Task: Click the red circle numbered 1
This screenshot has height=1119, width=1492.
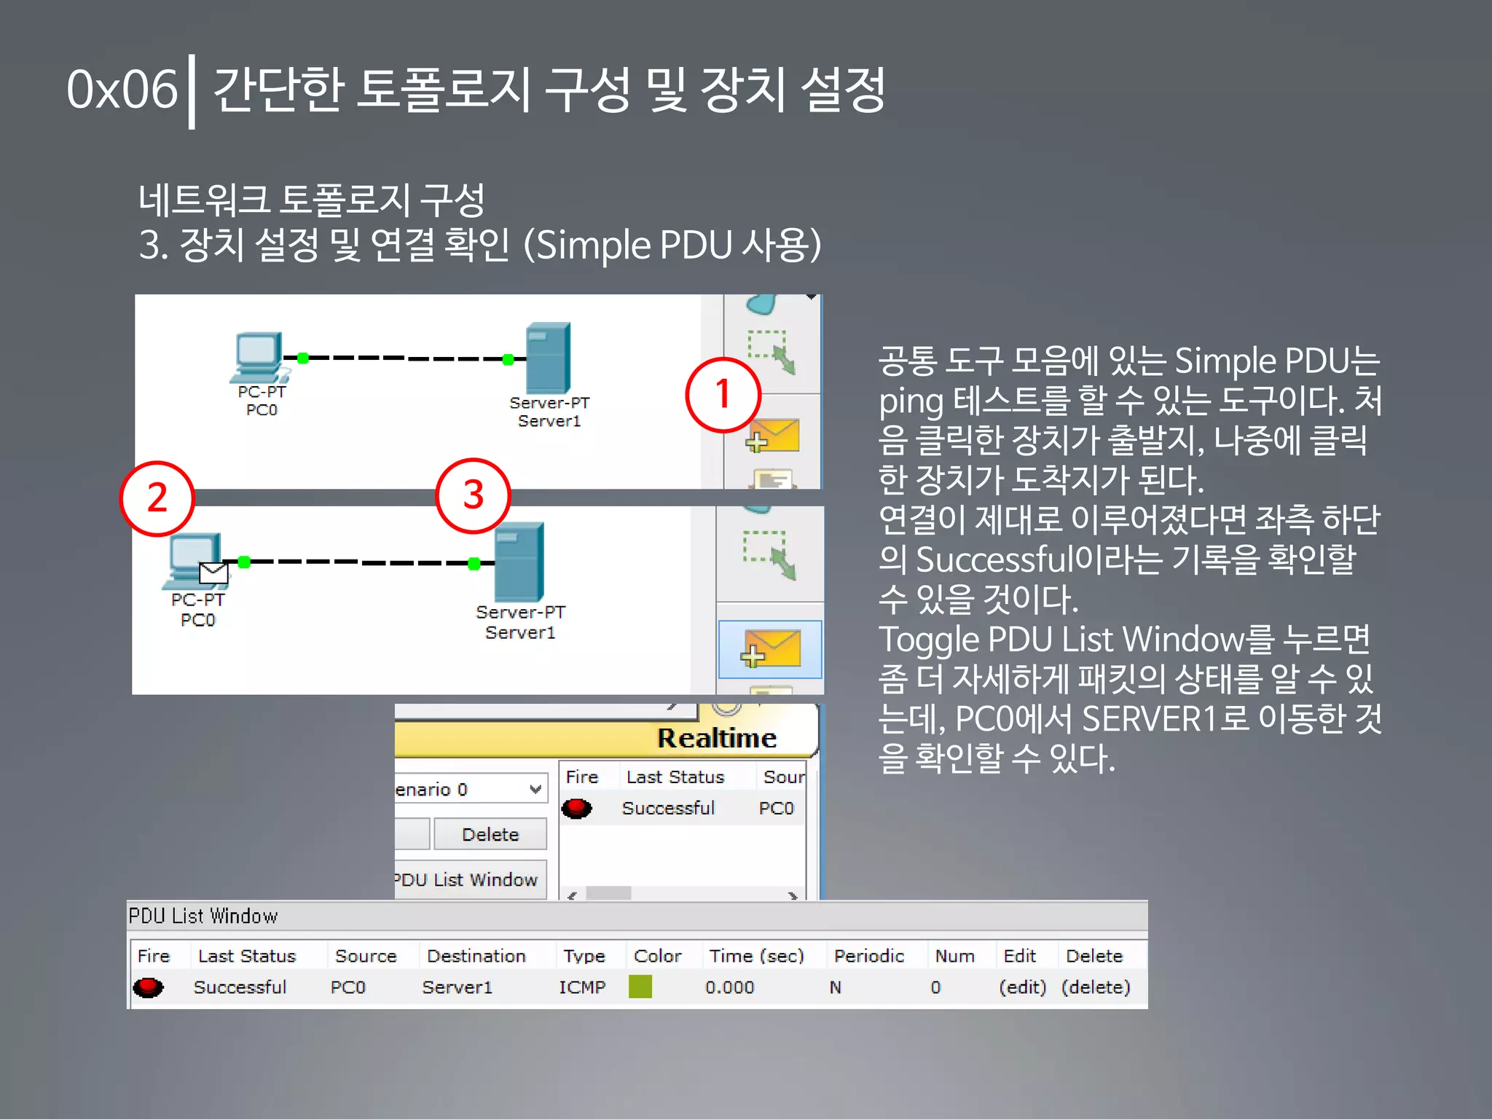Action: click(723, 395)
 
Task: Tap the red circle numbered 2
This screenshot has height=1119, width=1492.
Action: click(157, 498)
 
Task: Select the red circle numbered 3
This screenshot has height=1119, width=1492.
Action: click(474, 495)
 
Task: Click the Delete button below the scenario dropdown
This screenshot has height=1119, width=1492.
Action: click(490, 834)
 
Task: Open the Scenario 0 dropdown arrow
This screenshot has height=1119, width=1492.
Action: click(535, 789)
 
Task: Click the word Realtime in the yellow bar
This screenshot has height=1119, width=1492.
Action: click(717, 738)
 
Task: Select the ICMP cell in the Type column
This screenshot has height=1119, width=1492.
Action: click(582, 987)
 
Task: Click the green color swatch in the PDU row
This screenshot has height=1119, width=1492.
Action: click(640, 987)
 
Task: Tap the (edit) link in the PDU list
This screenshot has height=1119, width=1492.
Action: click(1022, 987)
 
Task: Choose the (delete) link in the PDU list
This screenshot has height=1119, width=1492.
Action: click(1096, 987)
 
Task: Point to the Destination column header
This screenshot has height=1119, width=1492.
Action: click(476, 956)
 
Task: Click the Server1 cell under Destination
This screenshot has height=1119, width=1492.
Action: click(458, 987)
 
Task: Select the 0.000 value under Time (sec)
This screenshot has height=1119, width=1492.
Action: click(729, 987)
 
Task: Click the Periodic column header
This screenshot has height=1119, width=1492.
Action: click(868, 956)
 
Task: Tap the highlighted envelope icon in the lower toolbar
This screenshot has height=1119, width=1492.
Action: click(770, 649)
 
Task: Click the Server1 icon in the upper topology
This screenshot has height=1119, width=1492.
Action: click(549, 358)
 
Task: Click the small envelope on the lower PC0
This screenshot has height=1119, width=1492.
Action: click(213, 573)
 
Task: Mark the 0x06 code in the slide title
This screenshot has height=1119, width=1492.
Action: click(122, 90)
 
